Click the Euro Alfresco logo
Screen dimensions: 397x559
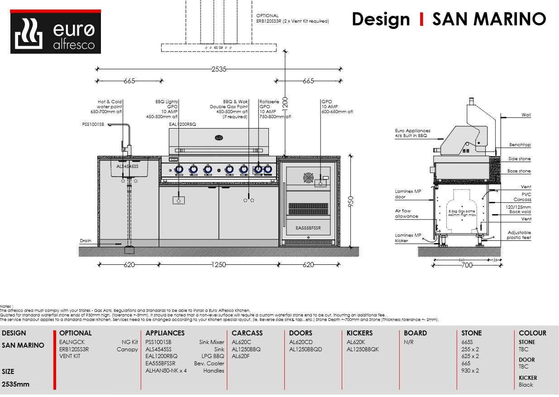pyautogui.click(x=55, y=33)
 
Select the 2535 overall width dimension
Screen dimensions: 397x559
pyautogui.click(x=219, y=69)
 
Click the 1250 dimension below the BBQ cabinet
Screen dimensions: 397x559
pyautogui.click(x=218, y=265)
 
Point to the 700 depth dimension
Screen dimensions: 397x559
pyautogui.click(x=467, y=265)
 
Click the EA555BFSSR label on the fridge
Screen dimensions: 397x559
pyautogui.click(x=308, y=228)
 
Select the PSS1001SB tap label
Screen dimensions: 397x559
pyautogui.click(x=93, y=124)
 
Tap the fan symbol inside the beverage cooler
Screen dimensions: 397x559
pyautogui.click(x=308, y=178)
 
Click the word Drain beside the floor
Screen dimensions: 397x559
pyautogui.click(x=86, y=241)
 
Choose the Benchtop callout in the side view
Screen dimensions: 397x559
pyautogui.click(x=520, y=145)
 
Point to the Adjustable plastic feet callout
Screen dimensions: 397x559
pyautogui.click(x=519, y=235)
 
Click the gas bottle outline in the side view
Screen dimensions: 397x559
pyautogui.click(x=462, y=213)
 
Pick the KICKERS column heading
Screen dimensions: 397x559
pyautogui.click(x=359, y=333)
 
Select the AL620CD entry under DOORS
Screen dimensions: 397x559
pyautogui.click(x=301, y=342)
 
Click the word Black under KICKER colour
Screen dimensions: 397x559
pyautogui.click(x=526, y=385)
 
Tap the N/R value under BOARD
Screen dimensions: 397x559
pyautogui.click(x=409, y=342)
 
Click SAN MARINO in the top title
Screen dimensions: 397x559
pyautogui.click(x=489, y=19)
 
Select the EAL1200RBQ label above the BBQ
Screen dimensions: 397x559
pyautogui.click(x=182, y=124)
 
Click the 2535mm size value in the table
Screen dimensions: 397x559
pyautogui.click(x=16, y=384)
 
